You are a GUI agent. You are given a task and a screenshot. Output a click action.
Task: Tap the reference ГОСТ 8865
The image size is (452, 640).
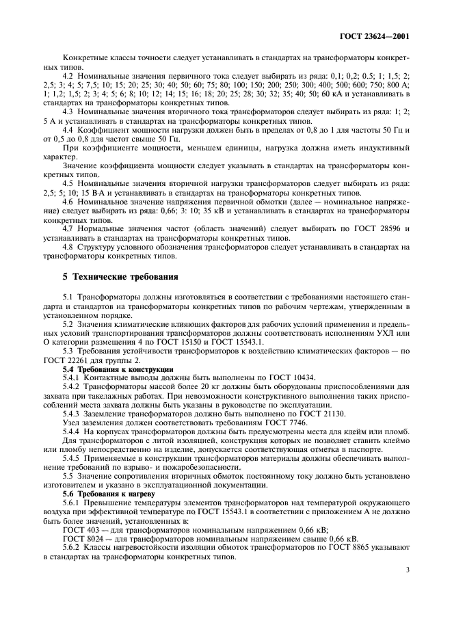pos(368,548)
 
